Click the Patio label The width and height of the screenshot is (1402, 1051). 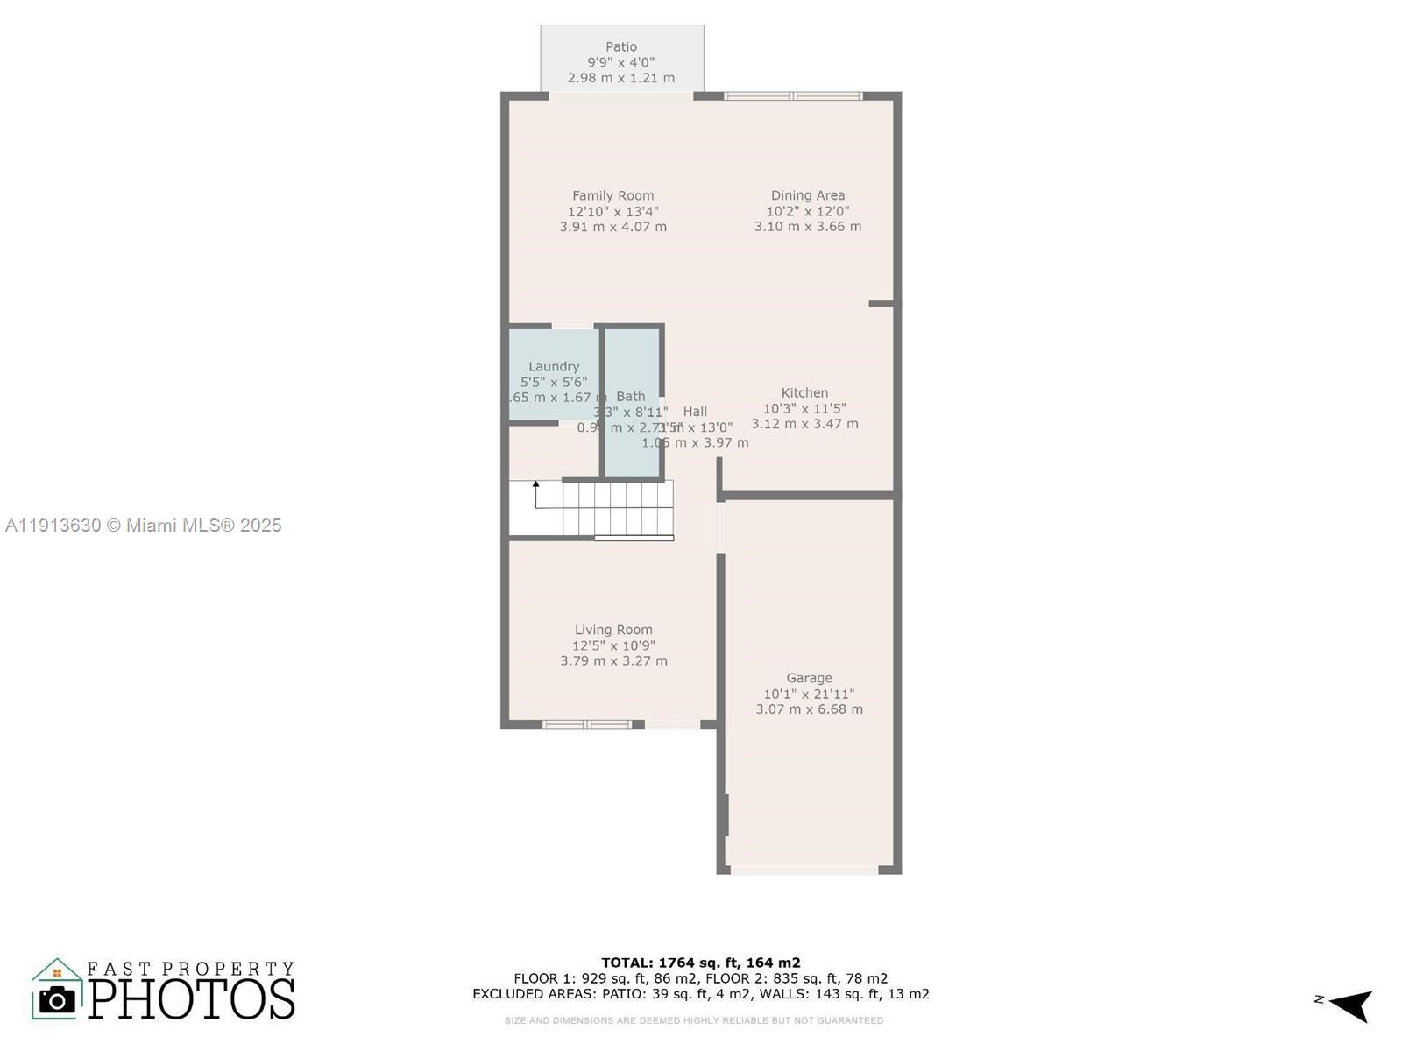tap(621, 47)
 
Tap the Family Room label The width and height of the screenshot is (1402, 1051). tap(613, 196)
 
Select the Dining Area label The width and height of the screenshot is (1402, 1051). tap(808, 196)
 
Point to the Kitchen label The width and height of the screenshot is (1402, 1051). tap(804, 393)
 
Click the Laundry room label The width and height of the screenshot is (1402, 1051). tap(554, 367)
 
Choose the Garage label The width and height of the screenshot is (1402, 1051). tap(809, 678)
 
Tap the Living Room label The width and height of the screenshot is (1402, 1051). tap(613, 630)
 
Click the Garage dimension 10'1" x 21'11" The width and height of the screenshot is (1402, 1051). tap(809, 694)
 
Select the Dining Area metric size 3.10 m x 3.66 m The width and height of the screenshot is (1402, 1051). tap(808, 227)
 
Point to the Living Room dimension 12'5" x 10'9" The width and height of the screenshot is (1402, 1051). tap(613, 645)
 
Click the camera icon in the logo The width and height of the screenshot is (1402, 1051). tap(58, 999)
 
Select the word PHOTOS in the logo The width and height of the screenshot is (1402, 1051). tap(192, 998)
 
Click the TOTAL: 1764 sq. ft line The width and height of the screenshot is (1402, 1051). tap(701, 963)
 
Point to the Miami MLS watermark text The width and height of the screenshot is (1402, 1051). tap(144, 525)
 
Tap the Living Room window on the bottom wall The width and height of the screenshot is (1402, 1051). tap(586, 724)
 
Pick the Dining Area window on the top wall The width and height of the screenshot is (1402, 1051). tap(793, 95)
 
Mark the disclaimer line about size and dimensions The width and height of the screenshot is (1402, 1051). tap(694, 1020)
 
